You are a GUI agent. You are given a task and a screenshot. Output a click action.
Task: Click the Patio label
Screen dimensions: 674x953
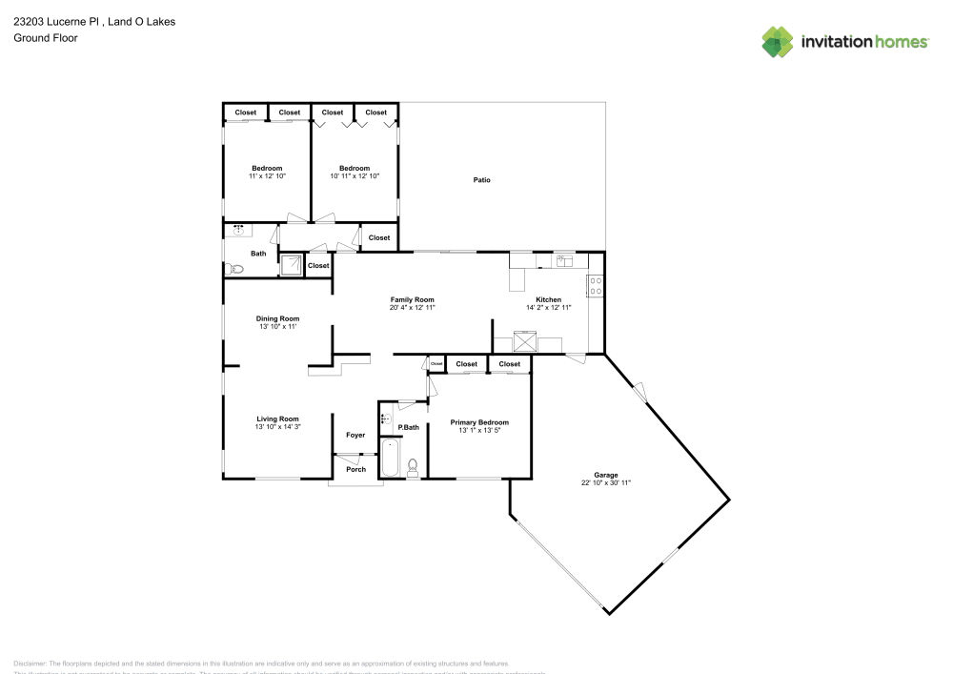482,179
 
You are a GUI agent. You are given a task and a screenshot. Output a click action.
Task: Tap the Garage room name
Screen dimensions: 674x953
606,475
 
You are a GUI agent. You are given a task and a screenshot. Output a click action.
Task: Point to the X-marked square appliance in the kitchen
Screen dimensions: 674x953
524,340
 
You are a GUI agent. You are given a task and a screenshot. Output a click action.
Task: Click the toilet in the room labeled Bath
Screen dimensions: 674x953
237,270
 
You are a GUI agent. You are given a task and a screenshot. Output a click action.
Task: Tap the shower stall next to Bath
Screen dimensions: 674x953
292,264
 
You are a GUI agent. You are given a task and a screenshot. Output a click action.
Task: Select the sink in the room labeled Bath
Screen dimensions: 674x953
238,230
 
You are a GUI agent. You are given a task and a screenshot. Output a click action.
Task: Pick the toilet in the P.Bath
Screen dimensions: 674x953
414,466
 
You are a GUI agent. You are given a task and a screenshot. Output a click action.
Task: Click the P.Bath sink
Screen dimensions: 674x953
385,418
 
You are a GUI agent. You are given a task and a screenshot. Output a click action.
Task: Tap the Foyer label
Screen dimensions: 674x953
355,435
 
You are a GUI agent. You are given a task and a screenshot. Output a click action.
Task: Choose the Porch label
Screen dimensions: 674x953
355,469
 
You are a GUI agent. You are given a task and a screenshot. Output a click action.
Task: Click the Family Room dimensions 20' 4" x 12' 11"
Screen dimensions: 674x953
412,308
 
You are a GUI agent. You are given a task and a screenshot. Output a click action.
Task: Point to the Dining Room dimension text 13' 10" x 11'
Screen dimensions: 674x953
278,327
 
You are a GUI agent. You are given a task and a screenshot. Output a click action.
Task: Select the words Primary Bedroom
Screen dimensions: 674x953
479,422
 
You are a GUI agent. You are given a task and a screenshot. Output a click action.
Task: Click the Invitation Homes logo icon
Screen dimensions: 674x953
778,41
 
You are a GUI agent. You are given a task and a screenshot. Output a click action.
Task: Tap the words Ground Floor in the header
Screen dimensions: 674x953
45,38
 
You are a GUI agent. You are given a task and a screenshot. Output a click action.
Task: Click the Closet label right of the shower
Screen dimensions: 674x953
318,266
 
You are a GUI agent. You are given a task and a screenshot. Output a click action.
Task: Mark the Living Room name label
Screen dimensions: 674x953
278,419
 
